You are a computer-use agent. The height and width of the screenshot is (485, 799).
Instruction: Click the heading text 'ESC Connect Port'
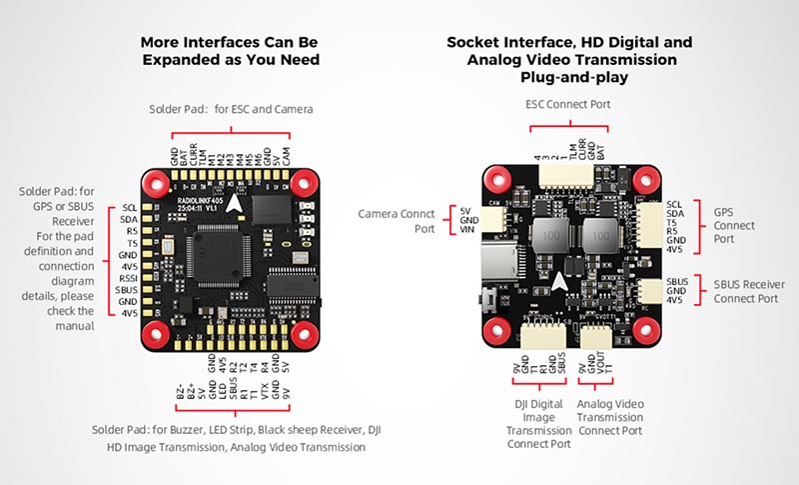[x=568, y=103]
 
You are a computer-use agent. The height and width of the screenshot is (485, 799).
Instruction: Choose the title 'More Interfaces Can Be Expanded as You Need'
[x=230, y=51]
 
